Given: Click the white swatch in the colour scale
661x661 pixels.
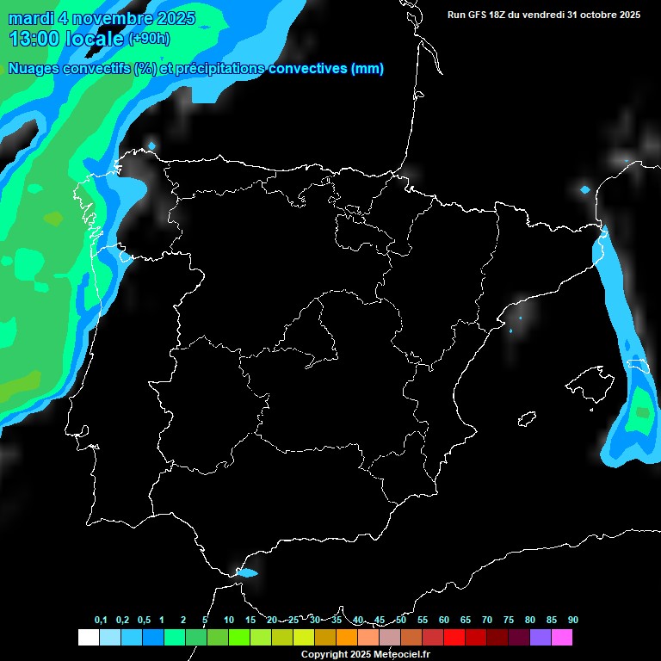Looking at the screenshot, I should [88, 637].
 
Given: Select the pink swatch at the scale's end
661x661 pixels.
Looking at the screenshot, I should [562, 637].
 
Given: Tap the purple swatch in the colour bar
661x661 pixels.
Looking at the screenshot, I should [541, 637].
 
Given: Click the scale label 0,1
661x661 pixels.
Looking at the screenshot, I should [101, 620].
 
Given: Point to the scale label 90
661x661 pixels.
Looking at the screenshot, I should [572, 620].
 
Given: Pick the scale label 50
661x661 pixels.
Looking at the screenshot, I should [401, 620].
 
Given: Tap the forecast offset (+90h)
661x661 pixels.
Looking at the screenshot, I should [148, 39].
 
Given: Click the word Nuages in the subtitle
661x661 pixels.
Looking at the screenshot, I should [34, 69].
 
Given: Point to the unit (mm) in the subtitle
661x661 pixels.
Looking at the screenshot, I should [368, 69].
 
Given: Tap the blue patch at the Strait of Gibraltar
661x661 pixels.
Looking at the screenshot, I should [247, 572].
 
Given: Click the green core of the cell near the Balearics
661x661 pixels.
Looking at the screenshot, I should [640, 412].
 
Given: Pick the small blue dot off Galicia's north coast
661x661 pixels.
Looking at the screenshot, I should [152, 145].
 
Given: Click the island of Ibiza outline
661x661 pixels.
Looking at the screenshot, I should [527, 419].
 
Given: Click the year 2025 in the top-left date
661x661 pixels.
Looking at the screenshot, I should [171, 18].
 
